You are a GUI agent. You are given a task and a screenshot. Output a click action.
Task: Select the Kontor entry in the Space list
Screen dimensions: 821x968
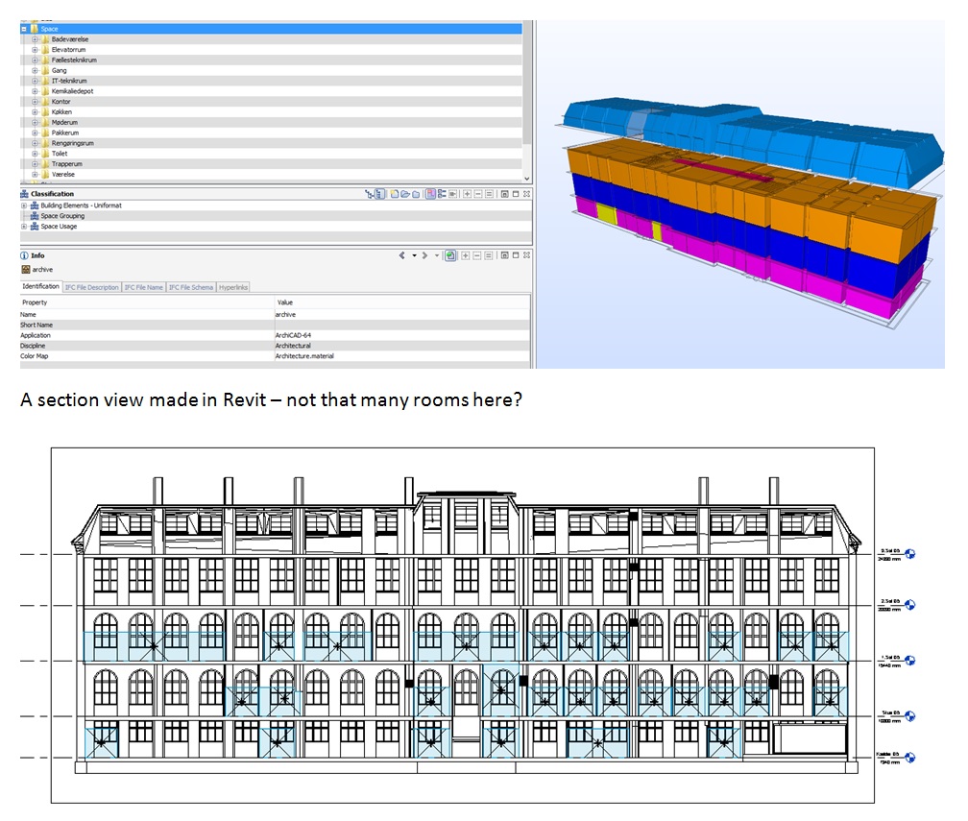[60, 102]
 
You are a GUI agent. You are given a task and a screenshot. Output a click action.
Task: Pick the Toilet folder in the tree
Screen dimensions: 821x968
[60, 154]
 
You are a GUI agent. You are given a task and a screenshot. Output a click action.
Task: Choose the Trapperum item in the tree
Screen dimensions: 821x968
[66, 164]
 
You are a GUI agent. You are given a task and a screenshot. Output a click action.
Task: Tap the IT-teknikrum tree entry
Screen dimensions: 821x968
[69, 81]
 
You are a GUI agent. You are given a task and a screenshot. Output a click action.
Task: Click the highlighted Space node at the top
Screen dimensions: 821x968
[49, 29]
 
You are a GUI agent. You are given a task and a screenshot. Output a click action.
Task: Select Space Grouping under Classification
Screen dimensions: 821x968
[62, 216]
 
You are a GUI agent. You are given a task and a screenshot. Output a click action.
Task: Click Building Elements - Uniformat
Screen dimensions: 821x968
[81, 205]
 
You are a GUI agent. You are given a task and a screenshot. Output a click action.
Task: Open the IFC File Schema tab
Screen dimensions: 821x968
[191, 287]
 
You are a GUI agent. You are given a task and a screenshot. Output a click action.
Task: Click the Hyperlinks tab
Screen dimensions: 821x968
[233, 287]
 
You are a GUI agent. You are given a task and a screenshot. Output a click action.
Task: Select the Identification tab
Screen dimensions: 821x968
[41, 287]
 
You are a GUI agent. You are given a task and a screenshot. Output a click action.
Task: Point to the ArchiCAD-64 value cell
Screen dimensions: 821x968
[293, 335]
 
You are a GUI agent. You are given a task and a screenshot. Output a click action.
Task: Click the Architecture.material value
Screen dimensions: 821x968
[304, 356]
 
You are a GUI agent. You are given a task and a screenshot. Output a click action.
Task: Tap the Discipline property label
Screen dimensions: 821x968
[34, 346]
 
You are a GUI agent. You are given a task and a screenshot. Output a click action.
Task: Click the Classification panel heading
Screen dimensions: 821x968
[52, 194]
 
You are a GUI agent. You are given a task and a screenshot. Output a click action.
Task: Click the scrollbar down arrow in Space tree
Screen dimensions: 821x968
[526, 179]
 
